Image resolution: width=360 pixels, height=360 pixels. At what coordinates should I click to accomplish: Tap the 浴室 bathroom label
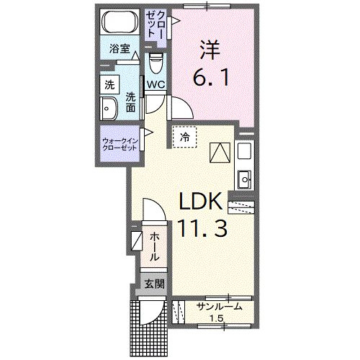coord(119,50)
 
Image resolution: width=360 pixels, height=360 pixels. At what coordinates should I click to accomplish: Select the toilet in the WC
coord(156,66)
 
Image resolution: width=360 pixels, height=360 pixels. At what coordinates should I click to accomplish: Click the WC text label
coord(156,85)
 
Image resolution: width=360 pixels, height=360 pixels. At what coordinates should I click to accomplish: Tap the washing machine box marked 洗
coord(109,84)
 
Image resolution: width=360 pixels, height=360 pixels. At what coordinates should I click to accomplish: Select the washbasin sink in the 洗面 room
coord(110,110)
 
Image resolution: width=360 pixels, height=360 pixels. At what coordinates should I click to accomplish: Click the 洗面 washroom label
coord(131,102)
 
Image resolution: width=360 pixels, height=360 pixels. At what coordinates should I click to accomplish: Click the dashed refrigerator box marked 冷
coord(184,136)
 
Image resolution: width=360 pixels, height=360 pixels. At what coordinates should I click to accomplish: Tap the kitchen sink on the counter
coord(243,175)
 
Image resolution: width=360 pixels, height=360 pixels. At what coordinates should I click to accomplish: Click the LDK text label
coord(204,201)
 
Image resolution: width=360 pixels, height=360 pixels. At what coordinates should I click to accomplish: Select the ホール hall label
coord(155,247)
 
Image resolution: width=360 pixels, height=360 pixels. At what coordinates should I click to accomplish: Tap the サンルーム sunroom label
coord(219,307)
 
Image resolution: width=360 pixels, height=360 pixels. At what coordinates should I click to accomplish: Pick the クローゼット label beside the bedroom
coord(158,27)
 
